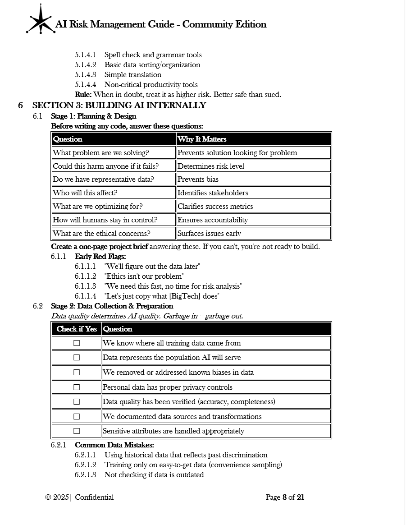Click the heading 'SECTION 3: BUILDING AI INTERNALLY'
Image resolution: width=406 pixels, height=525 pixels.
pos(119,106)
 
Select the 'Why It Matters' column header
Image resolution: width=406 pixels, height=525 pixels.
pos(202,139)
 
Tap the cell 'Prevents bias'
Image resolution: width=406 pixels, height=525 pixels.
pos(198,180)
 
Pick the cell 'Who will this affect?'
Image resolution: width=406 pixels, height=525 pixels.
pos(85,193)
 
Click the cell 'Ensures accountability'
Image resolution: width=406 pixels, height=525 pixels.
pos(213,220)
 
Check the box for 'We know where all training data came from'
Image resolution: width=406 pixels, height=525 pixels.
pos(77,343)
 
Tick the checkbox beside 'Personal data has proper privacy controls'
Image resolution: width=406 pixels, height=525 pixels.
pos(77,387)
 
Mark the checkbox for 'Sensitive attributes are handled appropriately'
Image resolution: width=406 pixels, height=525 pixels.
pos(77,431)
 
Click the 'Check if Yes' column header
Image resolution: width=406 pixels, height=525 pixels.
pos(77,329)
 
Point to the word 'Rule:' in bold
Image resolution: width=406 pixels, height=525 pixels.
pos(83,95)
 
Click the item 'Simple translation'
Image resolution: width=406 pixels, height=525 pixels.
pos(132,75)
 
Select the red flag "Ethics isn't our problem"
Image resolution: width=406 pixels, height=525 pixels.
pos(144,276)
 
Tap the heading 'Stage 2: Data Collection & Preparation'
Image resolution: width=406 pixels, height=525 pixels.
pos(112,306)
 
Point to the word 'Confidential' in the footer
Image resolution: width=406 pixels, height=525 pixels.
pos(94,497)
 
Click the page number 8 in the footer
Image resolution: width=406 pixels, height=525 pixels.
pos(284,497)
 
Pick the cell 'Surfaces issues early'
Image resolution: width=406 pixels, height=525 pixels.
pos(209,234)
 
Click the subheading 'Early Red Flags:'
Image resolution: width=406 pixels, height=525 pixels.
pos(100,257)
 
